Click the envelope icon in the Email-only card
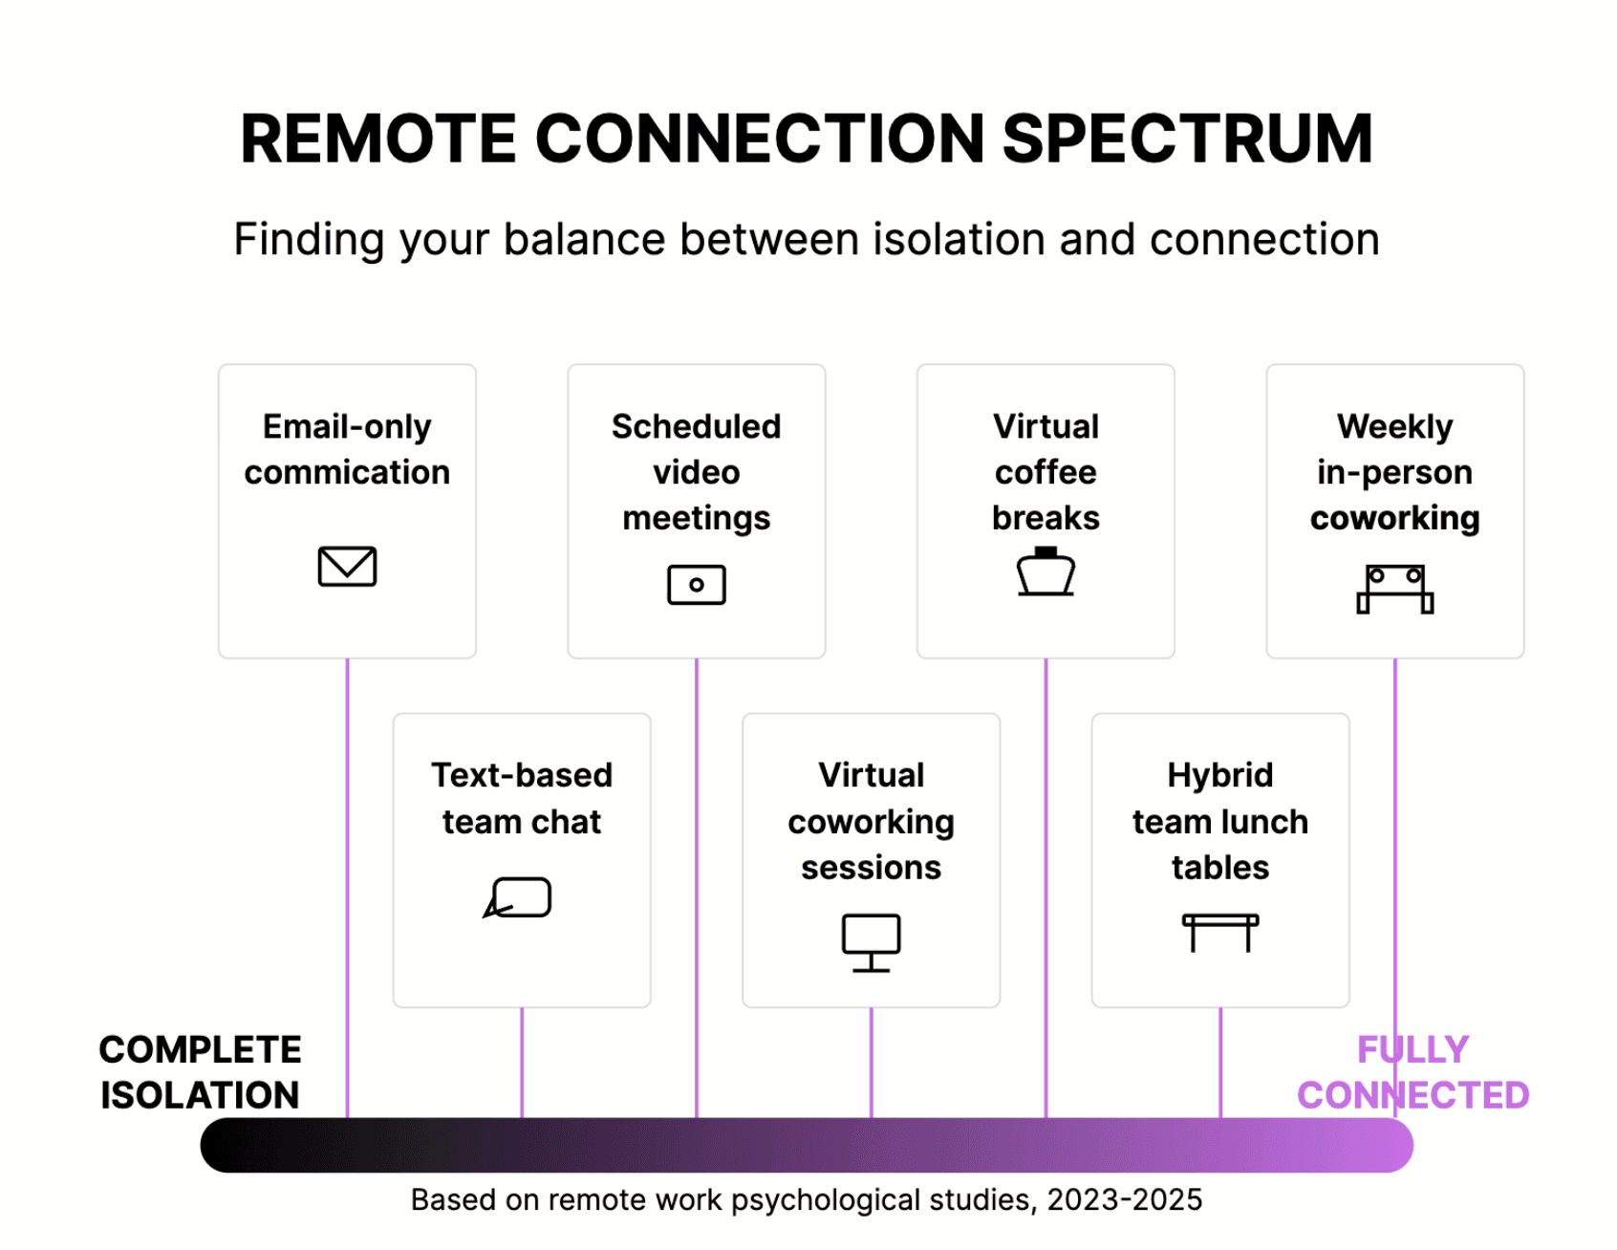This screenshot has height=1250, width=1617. [347, 566]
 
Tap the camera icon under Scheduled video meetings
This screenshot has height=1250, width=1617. [696, 584]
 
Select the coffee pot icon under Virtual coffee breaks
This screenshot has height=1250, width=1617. [1046, 571]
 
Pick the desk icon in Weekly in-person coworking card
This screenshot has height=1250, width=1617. [1394, 589]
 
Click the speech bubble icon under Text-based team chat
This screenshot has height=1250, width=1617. [518, 897]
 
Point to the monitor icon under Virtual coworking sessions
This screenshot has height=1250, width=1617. [871, 941]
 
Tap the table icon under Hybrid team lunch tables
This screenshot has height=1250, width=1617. [1219, 931]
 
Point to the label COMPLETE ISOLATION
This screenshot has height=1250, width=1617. [200, 1071]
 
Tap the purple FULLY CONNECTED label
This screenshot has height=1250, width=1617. [1412, 1071]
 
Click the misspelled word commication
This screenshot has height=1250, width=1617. [347, 472]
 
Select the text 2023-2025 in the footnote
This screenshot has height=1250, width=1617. [1124, 1199]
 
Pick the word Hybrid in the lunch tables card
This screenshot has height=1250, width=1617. [1219, 775]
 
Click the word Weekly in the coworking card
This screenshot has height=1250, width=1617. [1394, 426]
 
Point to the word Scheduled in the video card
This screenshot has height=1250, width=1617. [696, 426]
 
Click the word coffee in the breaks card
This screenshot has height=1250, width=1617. [1046, 472]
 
